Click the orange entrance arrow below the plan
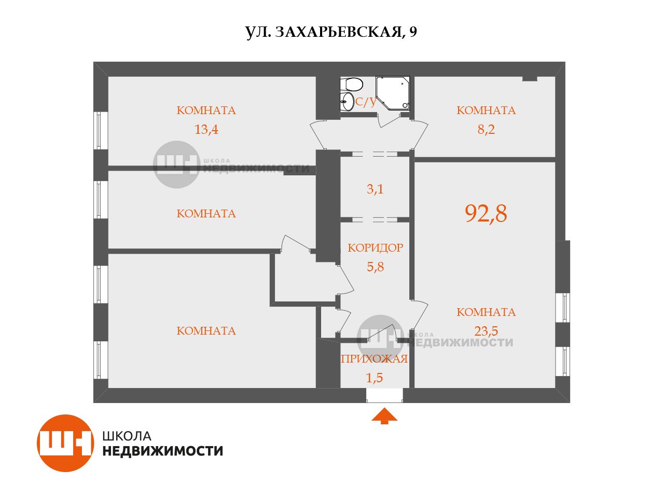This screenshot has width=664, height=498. click(x=384, y=416)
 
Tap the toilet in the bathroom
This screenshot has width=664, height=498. click(x=352, y=84)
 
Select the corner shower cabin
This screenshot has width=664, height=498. click(x=393, y=93)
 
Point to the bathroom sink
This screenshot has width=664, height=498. click(x=347, y=102)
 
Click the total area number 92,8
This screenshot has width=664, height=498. click(x=486, y=214)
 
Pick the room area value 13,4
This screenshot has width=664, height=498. click(x=206, y=129)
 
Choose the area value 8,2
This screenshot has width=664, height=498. click(x=486, y=129)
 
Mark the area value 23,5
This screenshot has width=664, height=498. click(x=486, y=331)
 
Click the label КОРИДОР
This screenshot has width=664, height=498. click(x=375, y=248)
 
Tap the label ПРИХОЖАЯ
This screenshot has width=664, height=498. click(x=375, y=359)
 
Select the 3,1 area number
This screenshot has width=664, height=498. click(x=375, y=189)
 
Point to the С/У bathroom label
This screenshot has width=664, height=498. click(x=366, y=102)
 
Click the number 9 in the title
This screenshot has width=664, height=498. click(x=413, y=32)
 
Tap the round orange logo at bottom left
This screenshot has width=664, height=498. click(x=65, y=443)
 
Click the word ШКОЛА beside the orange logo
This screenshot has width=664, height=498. click(x=127, y=436)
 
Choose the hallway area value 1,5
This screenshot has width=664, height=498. click(x=375, y=378)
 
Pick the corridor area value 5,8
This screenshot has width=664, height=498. click(x=375, y=267)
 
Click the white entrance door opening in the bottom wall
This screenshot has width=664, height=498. click(x=384, y=395)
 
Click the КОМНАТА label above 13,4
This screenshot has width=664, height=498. click(x=206, y=110)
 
